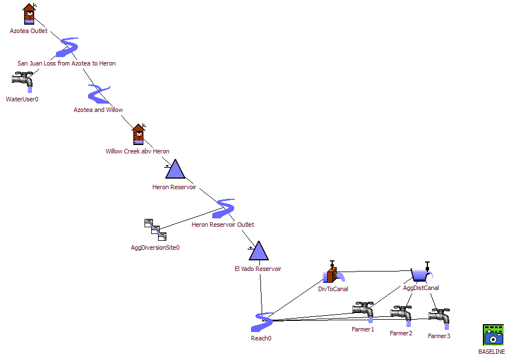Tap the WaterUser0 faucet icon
pyautogui.click(x=22, y=82)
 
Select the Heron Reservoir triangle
pyautogui.click(x=175, y=169)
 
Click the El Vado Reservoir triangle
pyautogui.click(x=258, y=251)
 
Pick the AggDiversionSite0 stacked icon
pyautogui.click(x=155, y=230)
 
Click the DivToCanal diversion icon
pyautogui.click(x=334, y=272)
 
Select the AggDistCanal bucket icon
pyautogui.click(x=422, y=272)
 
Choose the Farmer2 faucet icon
pyautogui.click(x=401, y=316)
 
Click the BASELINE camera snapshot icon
pyautogui.click(x=494, y=335)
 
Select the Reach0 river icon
pyautogui.click(x=262, y=322)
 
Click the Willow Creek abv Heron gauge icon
pyautogui.click(x=139, y=134)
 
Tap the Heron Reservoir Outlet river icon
pyautogui.click(x=224, y=209)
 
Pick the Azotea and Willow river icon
pyautogui.click(x=99, y=94)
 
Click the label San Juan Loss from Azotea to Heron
pyautogui.click(x=67, y=63)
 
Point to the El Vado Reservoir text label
pyautogui.click(x=258, y=269)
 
